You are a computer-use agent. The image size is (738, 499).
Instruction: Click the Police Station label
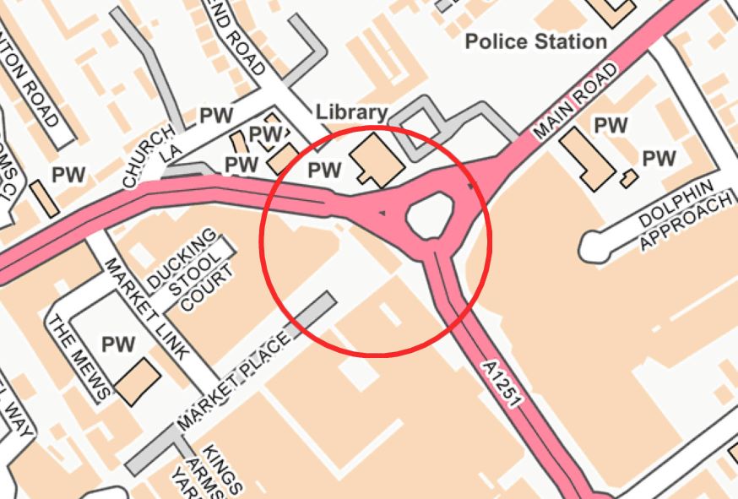536,41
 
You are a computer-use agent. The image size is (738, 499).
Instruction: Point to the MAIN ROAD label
575,100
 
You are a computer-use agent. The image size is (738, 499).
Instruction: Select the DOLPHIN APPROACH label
684,217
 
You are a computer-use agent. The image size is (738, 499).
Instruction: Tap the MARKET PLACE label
234,379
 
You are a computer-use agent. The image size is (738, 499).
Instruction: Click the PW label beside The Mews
118,344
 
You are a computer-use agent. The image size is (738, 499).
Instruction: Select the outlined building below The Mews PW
138,382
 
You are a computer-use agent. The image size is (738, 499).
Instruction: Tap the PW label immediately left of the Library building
324,171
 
